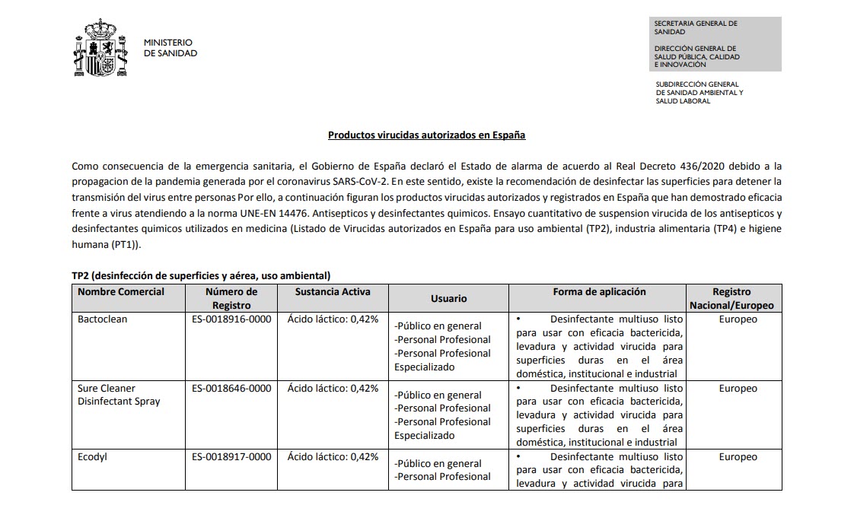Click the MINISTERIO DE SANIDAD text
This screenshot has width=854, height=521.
coord(170,48)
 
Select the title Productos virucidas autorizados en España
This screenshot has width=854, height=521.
coord(426,135)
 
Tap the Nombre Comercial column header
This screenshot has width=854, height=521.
coord(121,292)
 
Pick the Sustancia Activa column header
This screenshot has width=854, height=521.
coord(333,292)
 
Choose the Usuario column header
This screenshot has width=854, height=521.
coord(448,299)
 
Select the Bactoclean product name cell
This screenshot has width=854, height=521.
coord(103,319)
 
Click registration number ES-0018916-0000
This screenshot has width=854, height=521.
coord(231,319)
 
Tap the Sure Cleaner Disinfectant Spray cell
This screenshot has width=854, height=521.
coord(119,395)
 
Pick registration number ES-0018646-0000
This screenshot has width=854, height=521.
coord(231,389)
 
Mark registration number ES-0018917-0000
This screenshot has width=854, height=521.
coord(231,457)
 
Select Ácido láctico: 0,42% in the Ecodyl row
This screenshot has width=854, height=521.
coord(333,457)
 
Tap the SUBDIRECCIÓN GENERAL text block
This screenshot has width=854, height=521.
coord(699,93)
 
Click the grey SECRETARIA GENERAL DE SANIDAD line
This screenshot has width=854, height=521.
coord(696,27)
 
